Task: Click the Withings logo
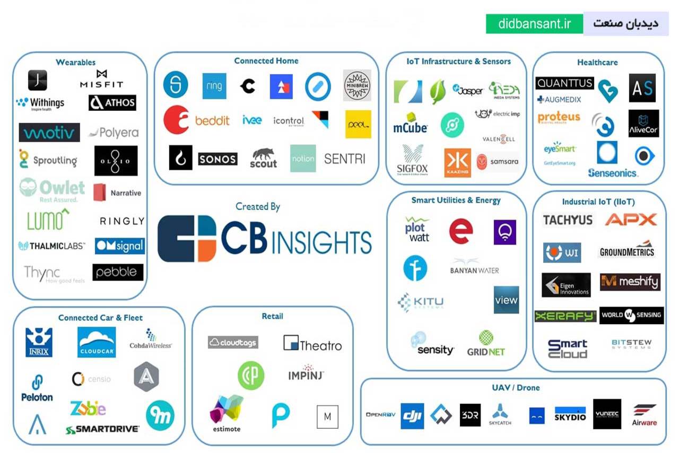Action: click(x=40, y=103)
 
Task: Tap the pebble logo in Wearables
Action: click(x=118, y=272)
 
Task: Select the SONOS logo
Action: click(x=217, y=159)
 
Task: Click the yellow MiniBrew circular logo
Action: click(x=357, y=85)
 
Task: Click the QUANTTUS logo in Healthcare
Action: click(x=564, y=83)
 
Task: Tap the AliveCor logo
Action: click(x=643, y=124)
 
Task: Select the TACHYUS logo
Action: click(x=568, y=220)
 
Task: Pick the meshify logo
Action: click(x=630, y=282)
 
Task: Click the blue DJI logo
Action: click(x=412, y=415)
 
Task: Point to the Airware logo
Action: click(x=645, y=415)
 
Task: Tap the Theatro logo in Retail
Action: click(x=312, y=344)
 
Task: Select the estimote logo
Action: click(x=227, y=414)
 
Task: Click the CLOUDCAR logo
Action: click(x=97, y=342)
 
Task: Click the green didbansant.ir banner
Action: click(x=534, y=24)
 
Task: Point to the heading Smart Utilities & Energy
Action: click(x=456, y=201)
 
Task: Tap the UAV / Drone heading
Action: click(x=516, y=388)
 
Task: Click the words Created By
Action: click(x=258, y=207)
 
